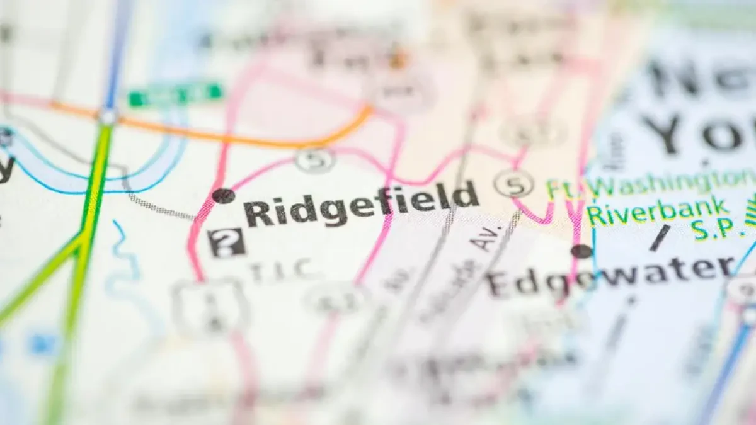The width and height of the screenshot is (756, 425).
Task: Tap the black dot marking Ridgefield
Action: click(223, 196)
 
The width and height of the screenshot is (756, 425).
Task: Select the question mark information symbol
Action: click(227, 242)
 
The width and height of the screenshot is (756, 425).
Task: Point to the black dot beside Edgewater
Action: click(581, 251)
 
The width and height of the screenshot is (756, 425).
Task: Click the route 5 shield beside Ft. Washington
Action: click(514, 184)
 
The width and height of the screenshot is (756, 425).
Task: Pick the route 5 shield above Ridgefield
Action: click(315, 159)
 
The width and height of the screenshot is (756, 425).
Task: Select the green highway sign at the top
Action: click(176, 94)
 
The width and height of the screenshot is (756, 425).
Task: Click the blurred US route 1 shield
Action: click(210, 308)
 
